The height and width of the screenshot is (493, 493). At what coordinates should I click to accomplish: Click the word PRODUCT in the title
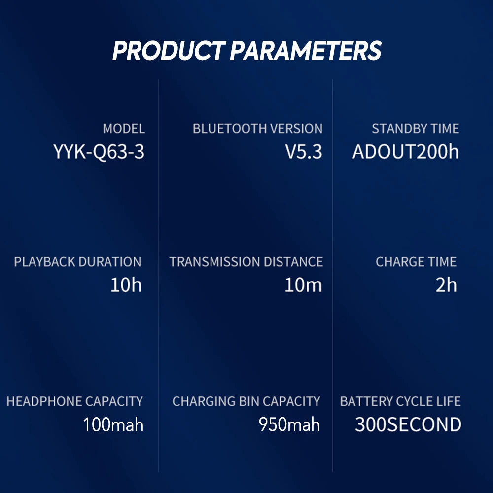pyautogui.click(x=168, y=51)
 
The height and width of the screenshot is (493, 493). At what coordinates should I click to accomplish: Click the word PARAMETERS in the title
pyautogui.click(x=306, y=51)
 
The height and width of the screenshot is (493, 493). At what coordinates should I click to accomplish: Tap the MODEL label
pyautogui.click(x=124, y=129)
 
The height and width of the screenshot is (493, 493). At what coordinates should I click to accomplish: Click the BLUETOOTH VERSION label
pyautogui.click(x=257, y=129)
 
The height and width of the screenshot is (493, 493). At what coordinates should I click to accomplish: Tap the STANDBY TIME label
pyautogui.click(x=415, y=129)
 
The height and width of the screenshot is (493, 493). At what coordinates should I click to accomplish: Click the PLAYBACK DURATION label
pyautogui.click(x=77, y=262)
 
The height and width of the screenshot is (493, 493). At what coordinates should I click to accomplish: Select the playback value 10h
pyautogui.click(x=126, y=285)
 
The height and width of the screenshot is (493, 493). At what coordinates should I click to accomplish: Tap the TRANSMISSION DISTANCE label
pyautogui.click(x=246, y=262)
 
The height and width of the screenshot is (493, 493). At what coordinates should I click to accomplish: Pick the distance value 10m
pyautogui.click(x=303, y=285)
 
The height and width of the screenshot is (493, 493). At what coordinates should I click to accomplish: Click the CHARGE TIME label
pyautogui.click(x=416, y=262)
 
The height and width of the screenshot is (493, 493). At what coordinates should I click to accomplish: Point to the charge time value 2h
pyautogui.click(x=446, y=285)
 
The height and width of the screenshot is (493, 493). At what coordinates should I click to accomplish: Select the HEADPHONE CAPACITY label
pyautogui.click(x=74, y=401)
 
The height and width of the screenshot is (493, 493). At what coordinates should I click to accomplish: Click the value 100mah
pyautogui.click(x=113, y=424)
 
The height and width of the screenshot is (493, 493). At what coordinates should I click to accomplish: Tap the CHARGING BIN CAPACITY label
pyautogui.click(x=246, y=401)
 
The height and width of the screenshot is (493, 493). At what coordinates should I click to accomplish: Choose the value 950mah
pyautogui.click(x=289, y=424)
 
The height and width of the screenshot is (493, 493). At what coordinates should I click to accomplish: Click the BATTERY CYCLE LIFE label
pyautogui.click(x=400, y=401)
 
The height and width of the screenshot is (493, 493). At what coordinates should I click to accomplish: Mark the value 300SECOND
pyautogui.click(x=408, y=424)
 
